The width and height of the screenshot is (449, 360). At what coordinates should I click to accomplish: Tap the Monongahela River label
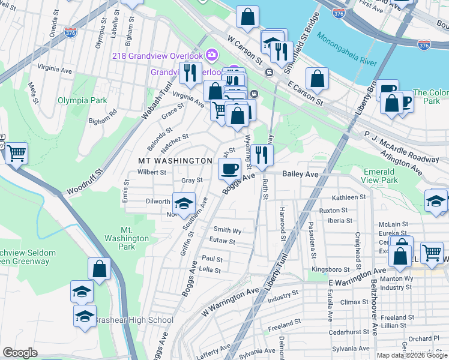coord(367,61)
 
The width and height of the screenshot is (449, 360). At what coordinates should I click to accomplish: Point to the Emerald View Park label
coord(380,176)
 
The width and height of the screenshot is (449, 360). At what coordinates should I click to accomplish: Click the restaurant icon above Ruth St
coord(262,155)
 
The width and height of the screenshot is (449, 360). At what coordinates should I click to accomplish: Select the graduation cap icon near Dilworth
coord(184,202)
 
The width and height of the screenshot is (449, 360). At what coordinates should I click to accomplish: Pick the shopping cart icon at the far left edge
coord(16,154)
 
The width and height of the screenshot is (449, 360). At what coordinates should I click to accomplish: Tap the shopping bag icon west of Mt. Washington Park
coord(99,269)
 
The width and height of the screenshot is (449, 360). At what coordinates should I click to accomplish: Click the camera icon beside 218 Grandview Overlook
coord(211,55)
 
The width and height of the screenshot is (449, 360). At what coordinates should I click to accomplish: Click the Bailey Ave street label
coord(300,173)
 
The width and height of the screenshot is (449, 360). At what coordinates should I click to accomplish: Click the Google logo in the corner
coord(20,352)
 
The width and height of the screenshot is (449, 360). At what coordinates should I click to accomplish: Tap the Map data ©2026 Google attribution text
coord(412,355)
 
